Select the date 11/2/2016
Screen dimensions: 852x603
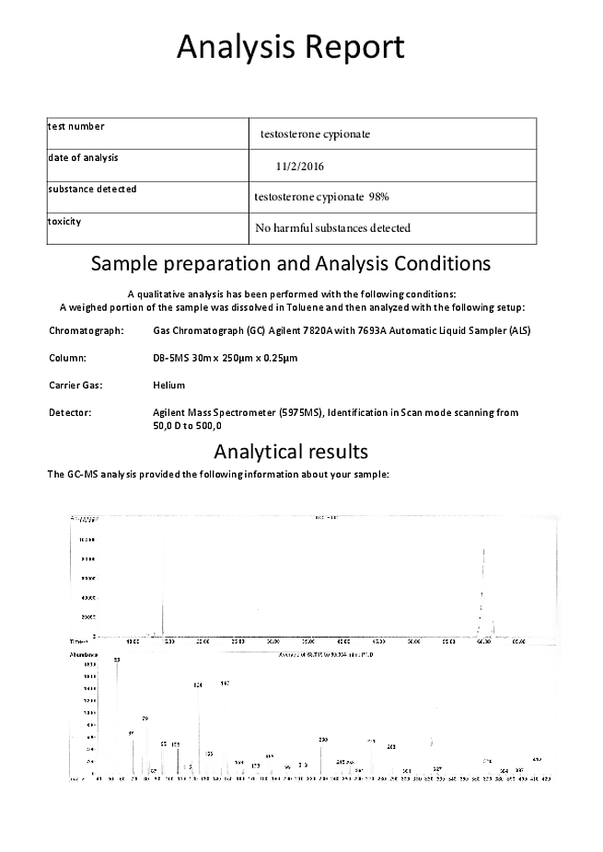click(x=299, y=167)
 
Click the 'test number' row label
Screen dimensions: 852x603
click(x=76, y=127)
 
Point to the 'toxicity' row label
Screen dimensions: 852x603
click(x=64, y=222)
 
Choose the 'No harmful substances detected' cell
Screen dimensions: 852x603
click(x=332, y=227)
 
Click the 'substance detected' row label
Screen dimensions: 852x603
click(x=92, y=190)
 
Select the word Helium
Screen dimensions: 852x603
click(x=169, y=385)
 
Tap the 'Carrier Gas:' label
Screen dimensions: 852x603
click(x=75, y=385)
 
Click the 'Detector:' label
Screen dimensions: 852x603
click(x=70, y=413)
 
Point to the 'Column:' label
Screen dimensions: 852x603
click(x=67, y=357)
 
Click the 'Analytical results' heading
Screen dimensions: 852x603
click(x=291, y=452)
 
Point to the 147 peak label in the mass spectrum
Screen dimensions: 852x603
click(x=225, y=684)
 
